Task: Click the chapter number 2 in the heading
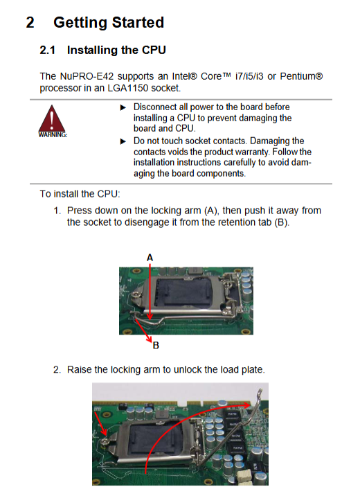[30, 23]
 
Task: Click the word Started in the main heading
[138, 23]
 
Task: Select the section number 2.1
[47, 50]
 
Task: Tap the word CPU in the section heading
[154, 50]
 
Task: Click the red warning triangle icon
[52, 119]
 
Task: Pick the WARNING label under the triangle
[53, 135]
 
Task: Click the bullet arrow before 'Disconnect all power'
[123, 108]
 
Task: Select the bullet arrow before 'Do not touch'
[123, 141]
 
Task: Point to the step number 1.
[57, 211]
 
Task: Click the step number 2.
[57, 369]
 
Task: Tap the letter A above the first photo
[150, 258]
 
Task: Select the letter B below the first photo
[156, 345]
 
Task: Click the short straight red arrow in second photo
[101, 424]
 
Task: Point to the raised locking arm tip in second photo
[260, 391]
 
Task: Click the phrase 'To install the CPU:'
[80, 194]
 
